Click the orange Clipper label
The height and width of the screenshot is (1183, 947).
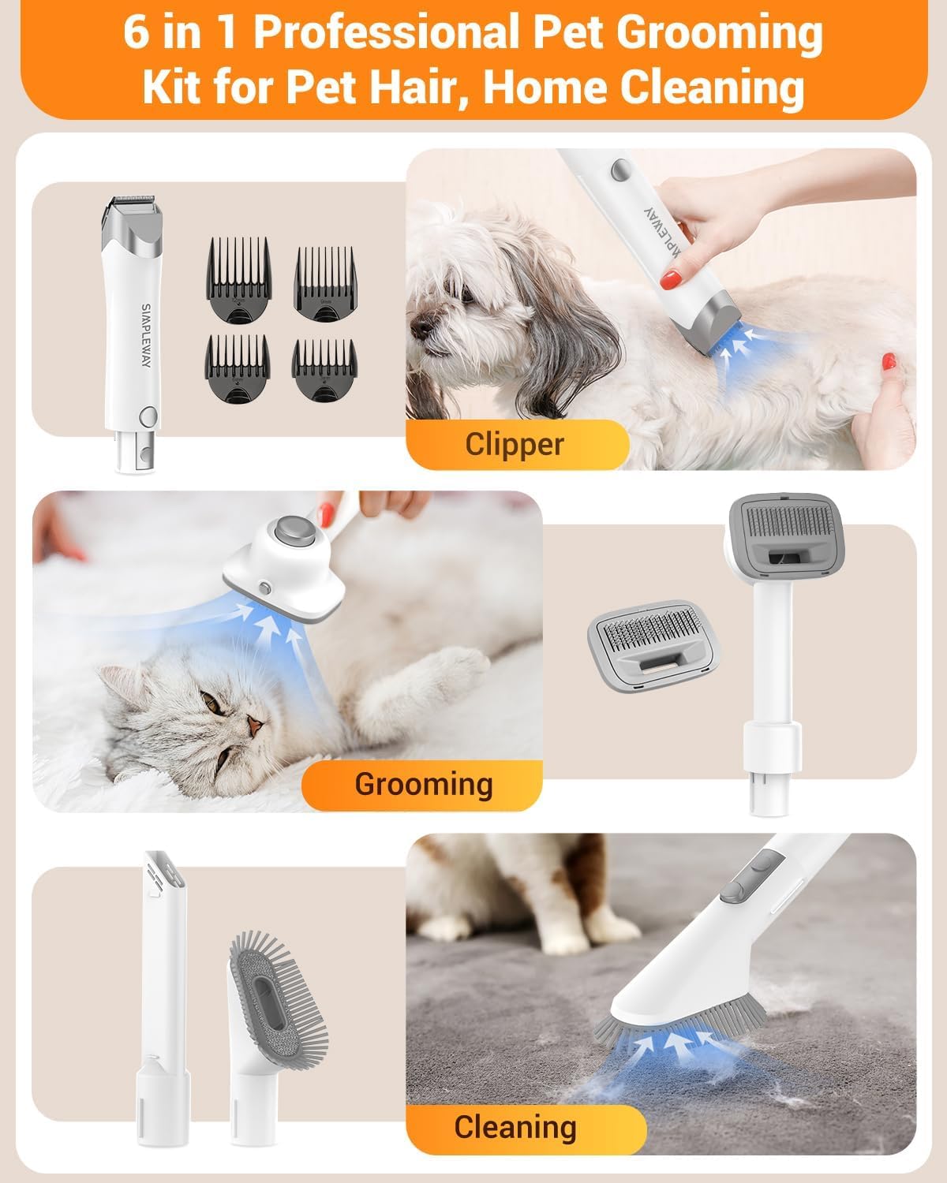pos(515,444)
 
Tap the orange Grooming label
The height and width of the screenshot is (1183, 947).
pos(424,784)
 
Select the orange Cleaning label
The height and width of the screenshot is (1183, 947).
pos(515,1127)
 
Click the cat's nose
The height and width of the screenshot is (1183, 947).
pos(254,723)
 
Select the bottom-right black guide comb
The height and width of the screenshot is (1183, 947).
pos(323,369)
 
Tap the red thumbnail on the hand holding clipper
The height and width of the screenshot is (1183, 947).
pos(671,277)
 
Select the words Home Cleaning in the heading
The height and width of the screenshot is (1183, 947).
pos(644,88)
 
